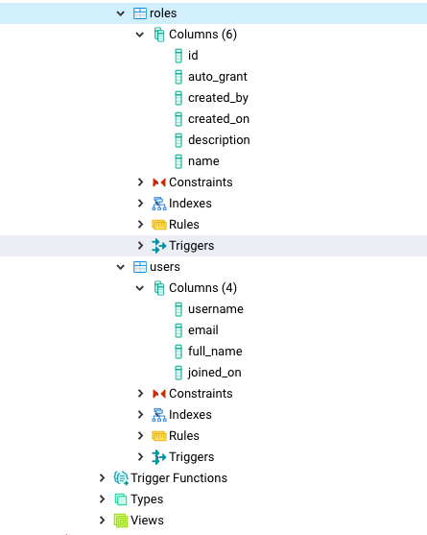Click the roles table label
pyautogui.click(x=163, y=13)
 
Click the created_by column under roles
pyautogui.click(x=218, y=98)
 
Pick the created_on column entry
pyautogui.click(x=219, y=119)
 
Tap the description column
pyautogui.click(x=219, y=140)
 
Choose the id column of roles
pyautogui.click(x=193, y=56)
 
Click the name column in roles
pyautogui.click(x=203, y=161)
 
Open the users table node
pyautogui.click(x=164, y=267)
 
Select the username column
pyautogui.click(x=215, y=309)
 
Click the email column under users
pyautogui.click(x=203, y=330)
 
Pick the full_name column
pyautogui.click(x=215, y=352)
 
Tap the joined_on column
pyautogui.click(x=215, y=373)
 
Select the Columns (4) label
pyautogui.click(x=202, y=288)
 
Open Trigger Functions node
pyautogui.click(x=178, y=478)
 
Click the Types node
pyautogui.click(x=147, y=499)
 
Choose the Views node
pyautogui.click(x=147, y=521)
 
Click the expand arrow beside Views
pyautogui.click(x=102, y=521)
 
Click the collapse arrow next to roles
pyautogui.click(x=120, y=13)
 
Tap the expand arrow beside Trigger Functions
pyautogui.click(x=102, y=478)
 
